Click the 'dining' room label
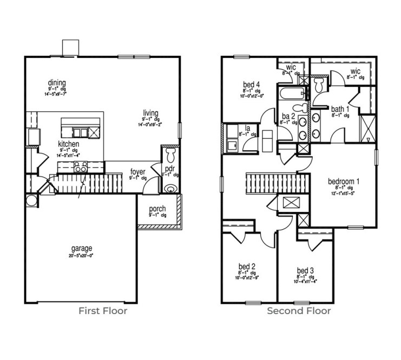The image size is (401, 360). pos(56,82)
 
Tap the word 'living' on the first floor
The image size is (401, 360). pos(150,112)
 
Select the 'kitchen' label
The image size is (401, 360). pos(69,144)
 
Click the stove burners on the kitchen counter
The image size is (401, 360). pos(81,168)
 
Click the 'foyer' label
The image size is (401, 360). pos(137,172)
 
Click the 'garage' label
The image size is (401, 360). pos(81,249)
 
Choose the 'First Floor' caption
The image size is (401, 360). pos(103,311)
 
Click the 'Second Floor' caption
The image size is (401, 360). pos(299,311)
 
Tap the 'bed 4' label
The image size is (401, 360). pos(252,84)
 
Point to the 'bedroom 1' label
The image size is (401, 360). pos(344,181)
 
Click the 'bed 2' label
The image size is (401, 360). pos(246,266)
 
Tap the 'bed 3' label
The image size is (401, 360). pos(305,270)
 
